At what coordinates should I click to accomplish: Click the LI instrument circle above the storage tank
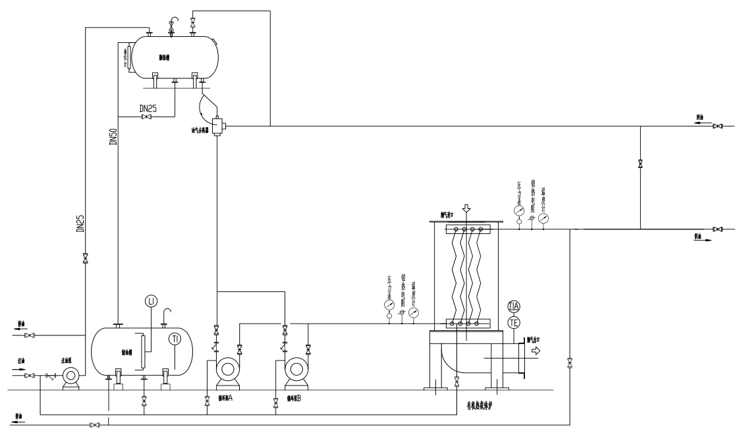151,301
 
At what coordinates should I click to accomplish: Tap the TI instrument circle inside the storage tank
175,339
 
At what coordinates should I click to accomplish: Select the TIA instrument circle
514,306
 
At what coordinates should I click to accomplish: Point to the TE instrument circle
514,322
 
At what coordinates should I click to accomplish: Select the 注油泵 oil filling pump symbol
70,376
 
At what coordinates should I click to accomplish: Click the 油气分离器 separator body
217,124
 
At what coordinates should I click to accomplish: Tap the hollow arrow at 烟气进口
466,209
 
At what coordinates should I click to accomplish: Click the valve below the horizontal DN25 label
146,117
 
